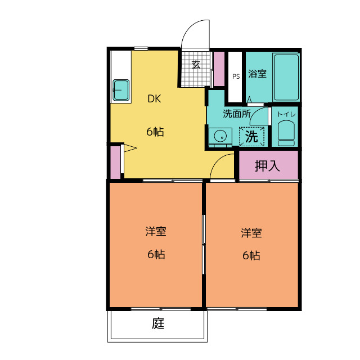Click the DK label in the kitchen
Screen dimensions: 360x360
click(x=155, y=100)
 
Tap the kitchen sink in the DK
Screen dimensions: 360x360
click(x=121, y=90)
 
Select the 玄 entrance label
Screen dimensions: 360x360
click(x=196, y=65)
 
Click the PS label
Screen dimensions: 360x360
click(x=236, y=76)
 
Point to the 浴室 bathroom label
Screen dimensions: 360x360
click(x=257, y=74)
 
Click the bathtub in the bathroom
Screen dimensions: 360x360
click(x=286, y=77)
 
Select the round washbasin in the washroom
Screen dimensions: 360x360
click(x=220, y=136)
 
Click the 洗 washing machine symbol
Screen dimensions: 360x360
click(x=252, y=136)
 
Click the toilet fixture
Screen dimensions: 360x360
click(x=286, y=134)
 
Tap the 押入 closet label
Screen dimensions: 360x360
click(x=267, y=166)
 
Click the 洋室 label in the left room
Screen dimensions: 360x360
click(x=155, y=231)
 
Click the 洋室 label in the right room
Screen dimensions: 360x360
click(x=251, y=231)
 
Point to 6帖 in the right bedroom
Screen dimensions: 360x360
click(x=251, y=255)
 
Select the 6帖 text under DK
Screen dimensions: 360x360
click(x=155, y=132)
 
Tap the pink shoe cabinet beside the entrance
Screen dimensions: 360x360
click(x=218, y=69)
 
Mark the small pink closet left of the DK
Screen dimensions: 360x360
click(x=115, y=162)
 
